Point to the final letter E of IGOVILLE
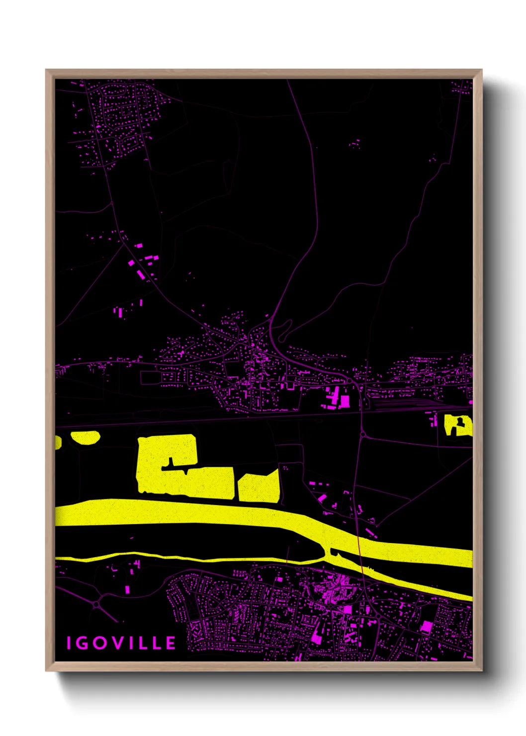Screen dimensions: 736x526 coord(171,643)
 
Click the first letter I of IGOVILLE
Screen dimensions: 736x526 coord(70,643)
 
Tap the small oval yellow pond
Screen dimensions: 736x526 coord(86,438)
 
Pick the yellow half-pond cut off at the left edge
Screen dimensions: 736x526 coord(58,442)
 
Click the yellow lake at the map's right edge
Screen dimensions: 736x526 coord(458,426)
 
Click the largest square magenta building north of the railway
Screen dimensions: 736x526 coord(345,401)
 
